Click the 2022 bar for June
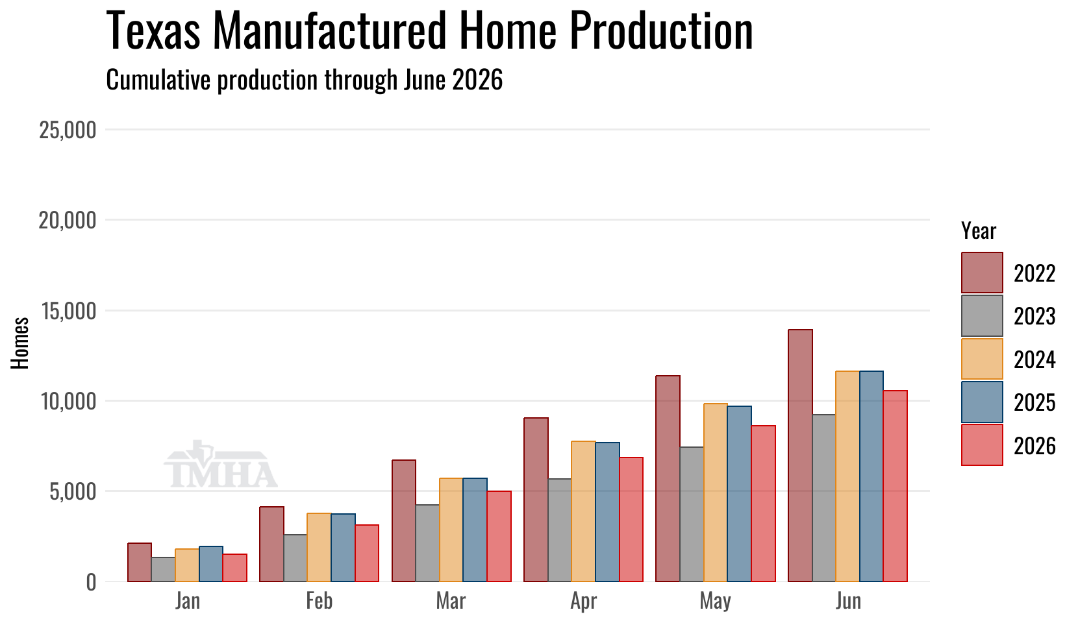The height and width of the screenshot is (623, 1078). coord(800,456)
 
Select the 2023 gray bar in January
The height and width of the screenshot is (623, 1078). coord(163,570)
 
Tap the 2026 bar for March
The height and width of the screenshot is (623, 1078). coord(499,537)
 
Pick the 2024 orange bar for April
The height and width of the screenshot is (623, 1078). coord(583,511)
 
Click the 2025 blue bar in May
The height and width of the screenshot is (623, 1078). coord(739,494)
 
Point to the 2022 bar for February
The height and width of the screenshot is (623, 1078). coord(272,544)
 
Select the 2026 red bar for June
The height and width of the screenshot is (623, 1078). coord(895,486)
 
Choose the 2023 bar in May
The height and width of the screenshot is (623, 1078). coord(692,514)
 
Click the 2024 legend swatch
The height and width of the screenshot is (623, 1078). coord(982,359)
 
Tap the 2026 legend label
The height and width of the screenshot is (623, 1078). coord(1034,446)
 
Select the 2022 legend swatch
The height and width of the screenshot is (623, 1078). coord(982,273)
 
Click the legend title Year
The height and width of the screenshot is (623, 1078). coord(979,232)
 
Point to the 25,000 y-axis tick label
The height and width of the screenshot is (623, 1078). coord(68,130)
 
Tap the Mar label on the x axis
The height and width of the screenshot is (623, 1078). coord(451,602)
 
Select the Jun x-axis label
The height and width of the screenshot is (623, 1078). coord(848,602)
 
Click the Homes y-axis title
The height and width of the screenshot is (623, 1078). coord(20,343)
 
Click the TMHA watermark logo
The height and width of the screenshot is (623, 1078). coord(221,464)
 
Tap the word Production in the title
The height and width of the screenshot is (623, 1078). coord(661,31)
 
